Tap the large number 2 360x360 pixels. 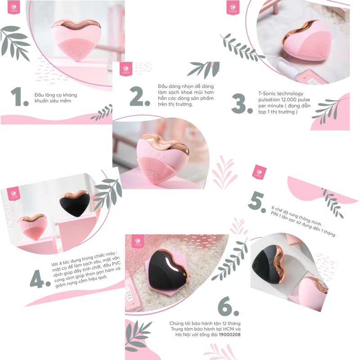pyautogui.click(x=139, y=96)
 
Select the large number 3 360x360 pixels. pyautogui.click(x=242, y=104)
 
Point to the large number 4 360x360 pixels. pyautogui.click(x=40, y=279)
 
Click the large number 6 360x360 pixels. pyautogui.click(x=228, y=306)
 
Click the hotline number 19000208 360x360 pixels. pyautogui.click(x=229, y=334)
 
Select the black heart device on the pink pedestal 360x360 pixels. pyautogui.click(x=75, y=203)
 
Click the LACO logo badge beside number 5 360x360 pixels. pyautogui.click(x=259, y=172)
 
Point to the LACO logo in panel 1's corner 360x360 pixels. pyautogui.click(x=14, y=8)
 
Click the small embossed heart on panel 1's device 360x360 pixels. pyautogui.click(x=76, y=53)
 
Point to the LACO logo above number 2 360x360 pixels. pyautogui.click(x=126, y=69)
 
